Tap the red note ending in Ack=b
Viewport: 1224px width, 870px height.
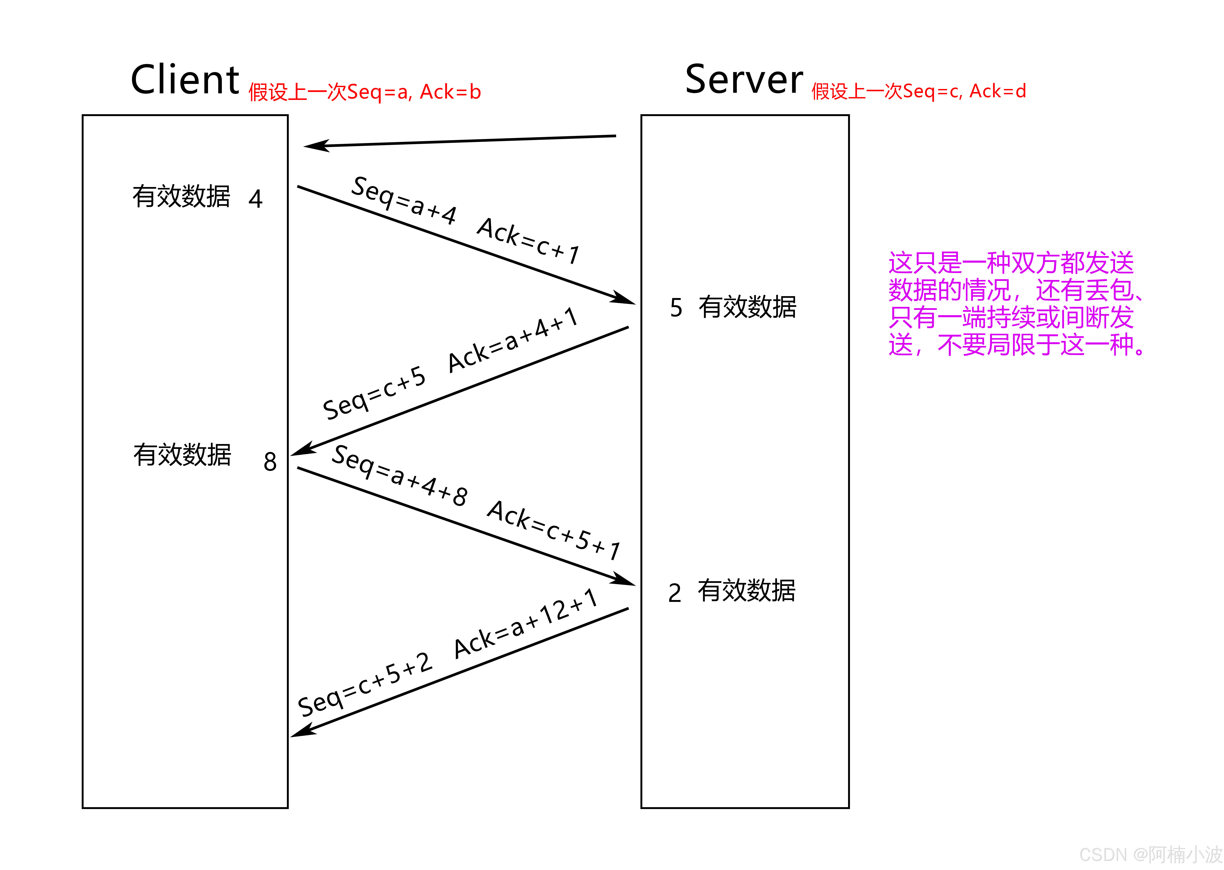(x=364, y=92)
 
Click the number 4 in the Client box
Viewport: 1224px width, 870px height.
(x=256, y=199)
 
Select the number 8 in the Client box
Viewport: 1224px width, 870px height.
(x=270, y=462)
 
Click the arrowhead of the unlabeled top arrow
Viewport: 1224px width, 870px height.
(x=313, y=146)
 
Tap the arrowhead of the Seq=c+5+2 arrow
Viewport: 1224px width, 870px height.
(x=300, y=732)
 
